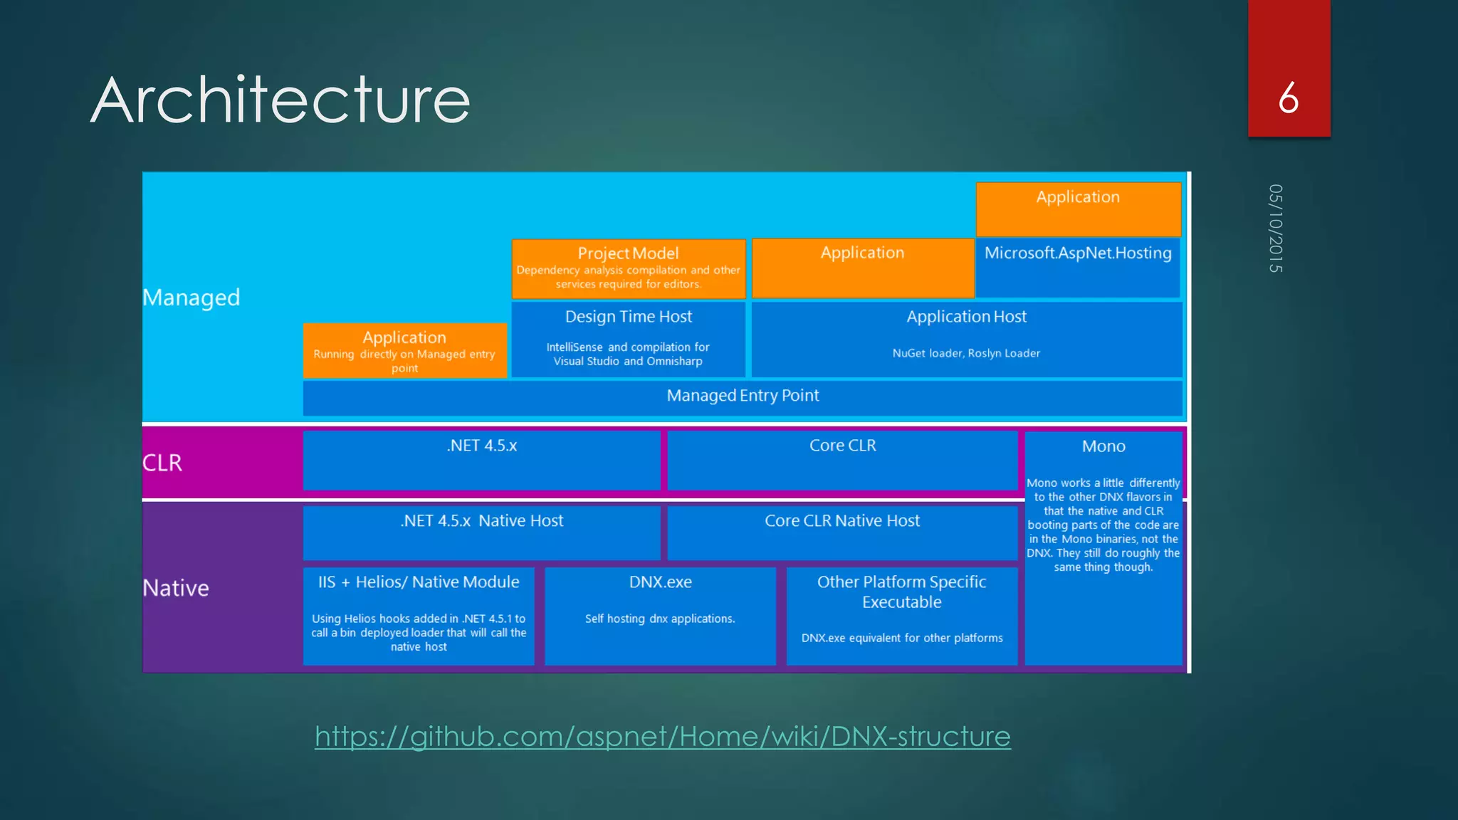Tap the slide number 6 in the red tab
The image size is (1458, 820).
[1288, 98]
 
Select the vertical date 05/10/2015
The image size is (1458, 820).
[1275, 228]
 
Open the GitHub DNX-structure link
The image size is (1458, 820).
[662, 736]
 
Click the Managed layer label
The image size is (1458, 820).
[192, 298]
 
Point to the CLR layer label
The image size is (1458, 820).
[162, 463]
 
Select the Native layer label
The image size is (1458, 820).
[176, 588]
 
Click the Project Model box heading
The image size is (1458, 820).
[628, 253]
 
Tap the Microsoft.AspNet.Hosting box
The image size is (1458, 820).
[1078, 253]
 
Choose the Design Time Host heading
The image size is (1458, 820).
[628, 317]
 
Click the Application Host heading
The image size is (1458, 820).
[966, 317]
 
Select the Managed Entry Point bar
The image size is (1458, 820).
[743, 396]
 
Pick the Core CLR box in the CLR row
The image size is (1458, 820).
[842, 446]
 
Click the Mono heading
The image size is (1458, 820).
[1103, 446]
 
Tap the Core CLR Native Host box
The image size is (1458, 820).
[842, 521]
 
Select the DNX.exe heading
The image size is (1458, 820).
[660, 582]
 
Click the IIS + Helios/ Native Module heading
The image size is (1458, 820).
[419, 582]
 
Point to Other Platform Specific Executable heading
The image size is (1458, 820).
[901, 592]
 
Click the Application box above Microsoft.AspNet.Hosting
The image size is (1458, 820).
[1078, 198]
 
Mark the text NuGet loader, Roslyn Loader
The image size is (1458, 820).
[966, 353]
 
